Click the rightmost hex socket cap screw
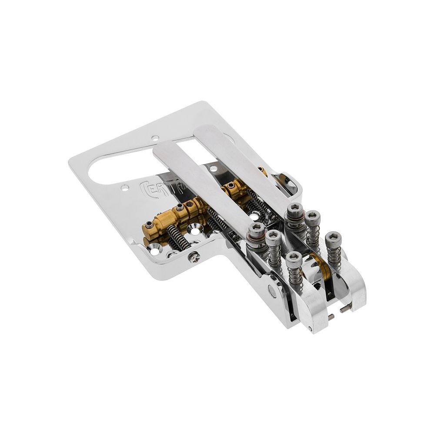coord(333,239)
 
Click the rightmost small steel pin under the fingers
coord(345,309)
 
